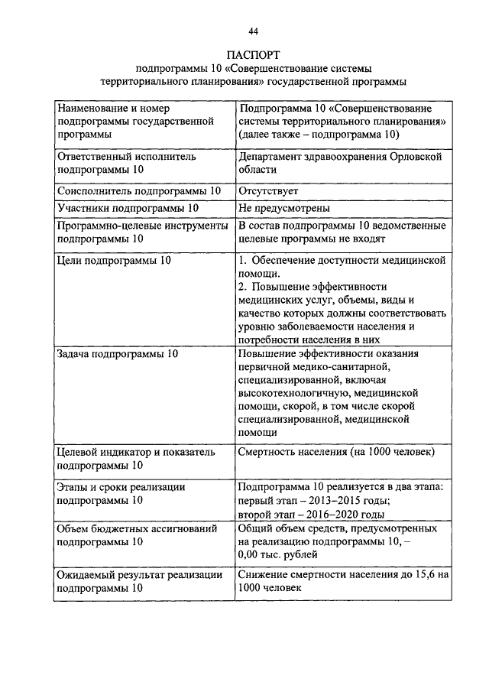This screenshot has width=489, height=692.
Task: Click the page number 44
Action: (253, 31)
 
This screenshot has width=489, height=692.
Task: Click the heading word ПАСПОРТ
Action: (253, 54)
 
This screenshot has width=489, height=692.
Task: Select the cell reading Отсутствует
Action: (268, 190)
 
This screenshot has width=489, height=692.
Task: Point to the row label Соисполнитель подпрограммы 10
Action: (139, 190)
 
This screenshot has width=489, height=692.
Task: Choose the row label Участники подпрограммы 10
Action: (128, 208)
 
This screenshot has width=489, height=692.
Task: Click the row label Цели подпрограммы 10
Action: (115, 261)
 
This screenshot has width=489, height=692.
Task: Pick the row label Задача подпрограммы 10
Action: (118, 354)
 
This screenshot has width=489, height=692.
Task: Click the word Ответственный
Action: (96, 156)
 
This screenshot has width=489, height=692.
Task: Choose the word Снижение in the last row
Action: (264, 574)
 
